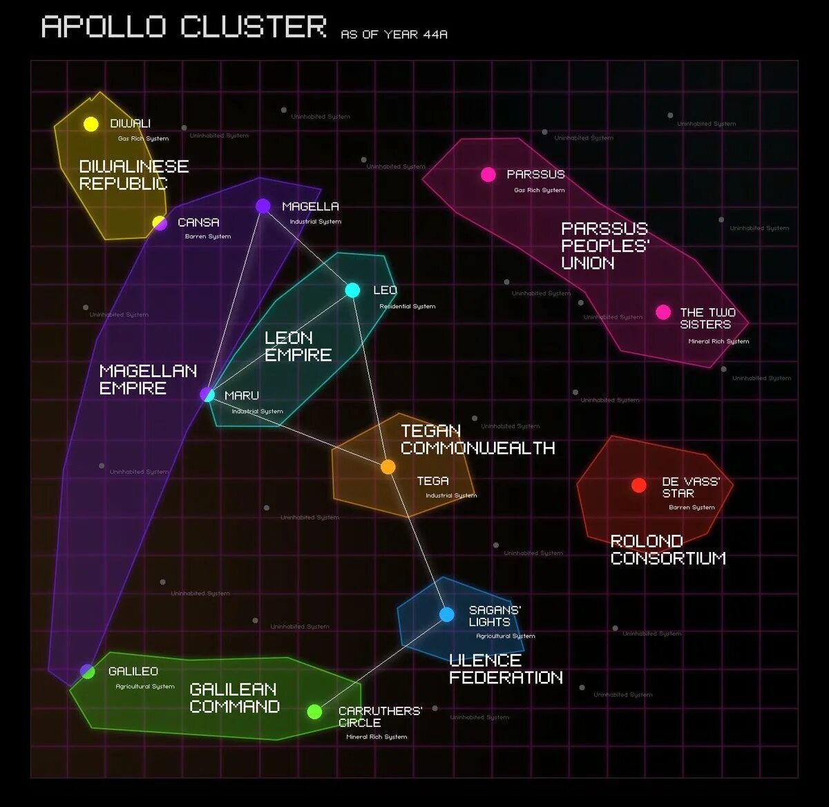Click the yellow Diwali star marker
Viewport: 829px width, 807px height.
(91, 124)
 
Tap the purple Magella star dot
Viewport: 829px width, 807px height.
(263, 206)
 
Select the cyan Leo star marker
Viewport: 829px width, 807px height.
(352, 290)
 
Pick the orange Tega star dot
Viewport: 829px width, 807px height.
(388, 467)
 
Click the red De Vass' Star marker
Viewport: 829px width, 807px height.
(639, 485)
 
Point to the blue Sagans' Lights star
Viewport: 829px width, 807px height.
(447, 614)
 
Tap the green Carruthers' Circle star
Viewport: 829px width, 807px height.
(314, 712)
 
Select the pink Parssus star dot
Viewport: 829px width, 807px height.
(488, 174)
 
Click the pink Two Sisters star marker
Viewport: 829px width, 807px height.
(663, 312)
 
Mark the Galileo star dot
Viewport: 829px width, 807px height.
(88, 671)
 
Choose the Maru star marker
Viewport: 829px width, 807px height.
(207, 395)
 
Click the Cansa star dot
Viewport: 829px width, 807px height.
(160, 222)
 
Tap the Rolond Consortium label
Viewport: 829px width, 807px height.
(668, 550)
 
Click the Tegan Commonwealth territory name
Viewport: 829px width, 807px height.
(477, 439)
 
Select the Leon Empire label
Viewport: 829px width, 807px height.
(298, 346)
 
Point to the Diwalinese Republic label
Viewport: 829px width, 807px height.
(133, 175)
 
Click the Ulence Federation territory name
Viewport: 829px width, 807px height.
(506, 669)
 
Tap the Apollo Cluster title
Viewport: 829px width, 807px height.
(184, 28)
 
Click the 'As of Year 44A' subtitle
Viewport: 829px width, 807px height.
(394, 34)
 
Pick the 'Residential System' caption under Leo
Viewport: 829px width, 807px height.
(408, 306)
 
